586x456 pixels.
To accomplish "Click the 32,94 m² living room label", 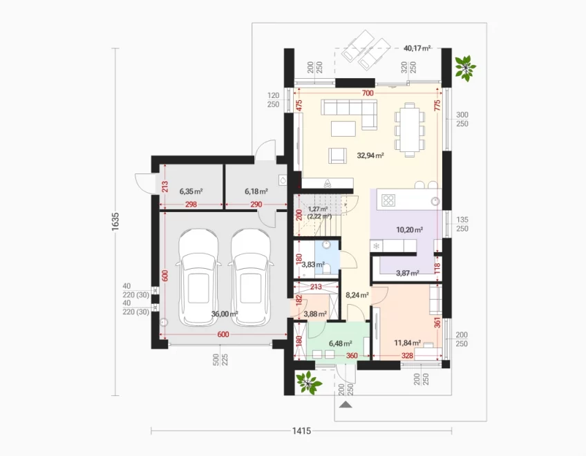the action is coord(370,155).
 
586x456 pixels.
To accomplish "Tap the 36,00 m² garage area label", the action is coord(225,314).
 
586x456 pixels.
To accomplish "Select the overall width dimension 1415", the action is coord(301,431).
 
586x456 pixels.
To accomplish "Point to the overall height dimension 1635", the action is coord(115,221).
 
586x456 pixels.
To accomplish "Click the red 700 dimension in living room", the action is coord(368,93).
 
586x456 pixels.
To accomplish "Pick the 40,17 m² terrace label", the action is coord(417,48).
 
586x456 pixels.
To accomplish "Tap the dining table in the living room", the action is coord(410,130).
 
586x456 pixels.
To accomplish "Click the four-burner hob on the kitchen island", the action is coord(388,200).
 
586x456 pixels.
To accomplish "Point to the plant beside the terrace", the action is coord(465,68).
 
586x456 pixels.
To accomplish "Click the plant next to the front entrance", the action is coord(308,382).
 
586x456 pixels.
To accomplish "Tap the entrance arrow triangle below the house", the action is coord(346,404).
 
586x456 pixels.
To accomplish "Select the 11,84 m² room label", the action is coord(407,343).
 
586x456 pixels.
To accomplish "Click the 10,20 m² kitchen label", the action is coord(410,229).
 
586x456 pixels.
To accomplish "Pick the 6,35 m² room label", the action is coord(191,191).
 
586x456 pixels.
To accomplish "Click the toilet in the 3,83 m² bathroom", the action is coord(326,270).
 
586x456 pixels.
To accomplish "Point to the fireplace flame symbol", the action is coord(328,184).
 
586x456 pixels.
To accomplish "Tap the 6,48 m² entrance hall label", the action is coord(340,343).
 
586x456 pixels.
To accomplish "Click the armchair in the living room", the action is coord(337,155).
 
